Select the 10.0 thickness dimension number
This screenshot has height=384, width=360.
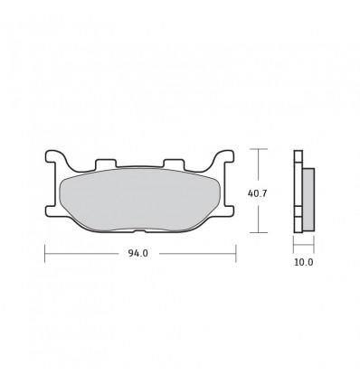(303, 263)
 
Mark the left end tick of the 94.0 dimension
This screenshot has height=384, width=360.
(45, 254)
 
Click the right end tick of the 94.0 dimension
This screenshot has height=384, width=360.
(236, 254)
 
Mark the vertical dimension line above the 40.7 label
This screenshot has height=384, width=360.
(260, 167)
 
